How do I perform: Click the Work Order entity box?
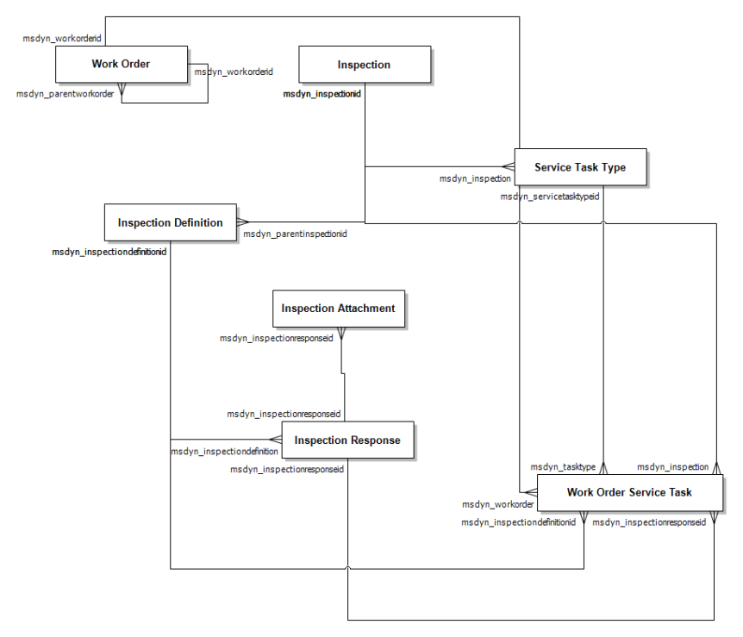[121, 65]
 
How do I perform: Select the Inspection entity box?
[364, 65]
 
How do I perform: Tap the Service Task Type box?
[579, 167]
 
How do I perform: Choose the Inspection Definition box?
[170, 222]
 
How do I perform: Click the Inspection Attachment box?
[338, 309]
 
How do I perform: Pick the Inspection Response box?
[347, 440]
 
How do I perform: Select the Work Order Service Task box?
[628, 493]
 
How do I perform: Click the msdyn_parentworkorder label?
[66, 93]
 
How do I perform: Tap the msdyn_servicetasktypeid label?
[550, 197]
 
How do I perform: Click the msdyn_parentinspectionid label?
[295, 234]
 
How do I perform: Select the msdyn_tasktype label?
[563, 466]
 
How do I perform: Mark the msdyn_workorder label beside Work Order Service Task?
[498, 504]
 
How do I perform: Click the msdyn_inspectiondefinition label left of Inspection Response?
[224, 451]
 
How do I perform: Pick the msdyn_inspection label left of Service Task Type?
[475, 178]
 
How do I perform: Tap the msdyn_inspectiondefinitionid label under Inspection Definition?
[109, 252]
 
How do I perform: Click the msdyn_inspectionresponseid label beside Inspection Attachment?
[277, 338]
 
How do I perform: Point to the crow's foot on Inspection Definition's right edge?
[242, 222]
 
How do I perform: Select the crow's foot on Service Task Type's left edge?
[508, 166]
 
